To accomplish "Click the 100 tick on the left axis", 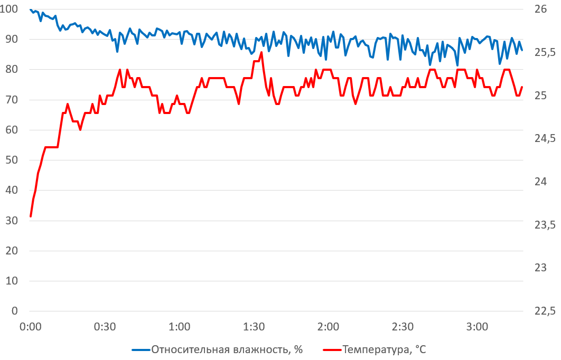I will (x=11, y=9).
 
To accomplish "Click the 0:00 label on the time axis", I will (x=30, y=327).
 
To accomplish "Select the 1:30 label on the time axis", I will (x=254, y=327).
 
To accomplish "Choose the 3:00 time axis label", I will (x=478, y=327).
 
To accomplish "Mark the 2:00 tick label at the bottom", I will (x=329, y=327).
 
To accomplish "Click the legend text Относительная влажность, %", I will (x=227, y=349).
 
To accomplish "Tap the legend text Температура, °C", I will (x=384, y=349).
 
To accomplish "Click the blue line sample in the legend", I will (x=140, y=349).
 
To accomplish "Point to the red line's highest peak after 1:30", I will (x=261, y=52).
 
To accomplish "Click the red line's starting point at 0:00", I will (x=31, y=216).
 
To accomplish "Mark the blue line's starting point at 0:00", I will (x=31, y=10).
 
